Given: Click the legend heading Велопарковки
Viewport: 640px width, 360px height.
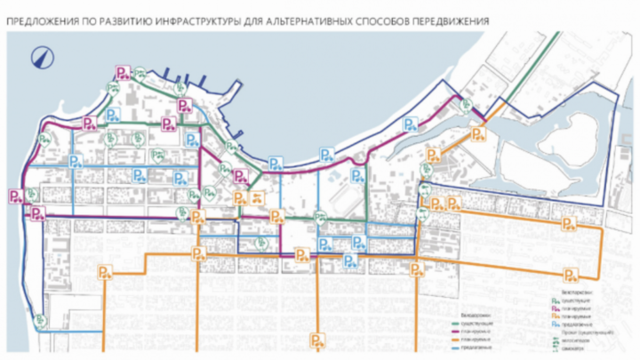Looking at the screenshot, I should (577, 292).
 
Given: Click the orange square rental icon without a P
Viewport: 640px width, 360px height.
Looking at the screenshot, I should (257, 196).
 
